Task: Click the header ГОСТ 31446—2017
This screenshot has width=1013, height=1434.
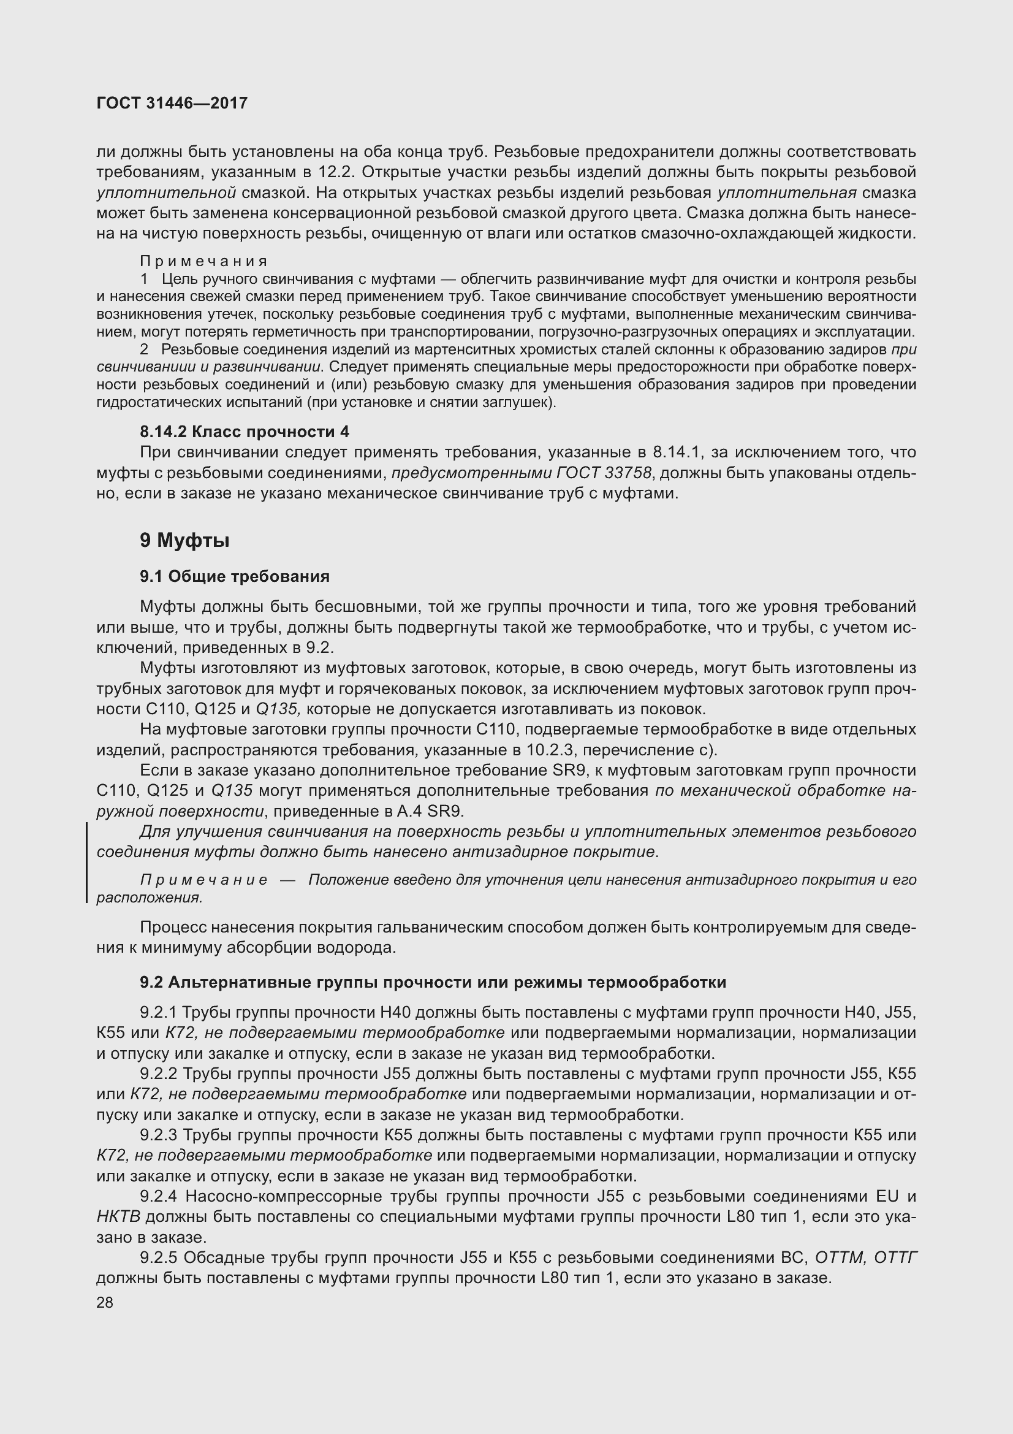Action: click(x=172, y=103)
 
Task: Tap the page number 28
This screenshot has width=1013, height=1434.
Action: click(x=105, y=1302)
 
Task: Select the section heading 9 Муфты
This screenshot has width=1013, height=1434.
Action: click(x=184, y=540)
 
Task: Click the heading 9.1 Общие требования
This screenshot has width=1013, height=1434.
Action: click(x=234, y=576)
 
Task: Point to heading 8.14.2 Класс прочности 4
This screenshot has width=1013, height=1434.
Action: click(x=244, y=432)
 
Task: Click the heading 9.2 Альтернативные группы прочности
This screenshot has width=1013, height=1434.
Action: click(x=433, y=982)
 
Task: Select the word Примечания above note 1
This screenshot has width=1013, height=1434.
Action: click(x=203, y=261)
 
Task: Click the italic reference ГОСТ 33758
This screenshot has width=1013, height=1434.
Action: click(x=603, y=473)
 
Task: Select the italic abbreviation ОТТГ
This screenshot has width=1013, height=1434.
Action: click(x=896, y=1257)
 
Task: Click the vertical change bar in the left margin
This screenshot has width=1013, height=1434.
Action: click(x=86, y=863)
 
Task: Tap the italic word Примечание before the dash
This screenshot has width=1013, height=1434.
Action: click(x=203, y=880)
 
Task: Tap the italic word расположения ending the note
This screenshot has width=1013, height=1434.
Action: click(x=148, y=898)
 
